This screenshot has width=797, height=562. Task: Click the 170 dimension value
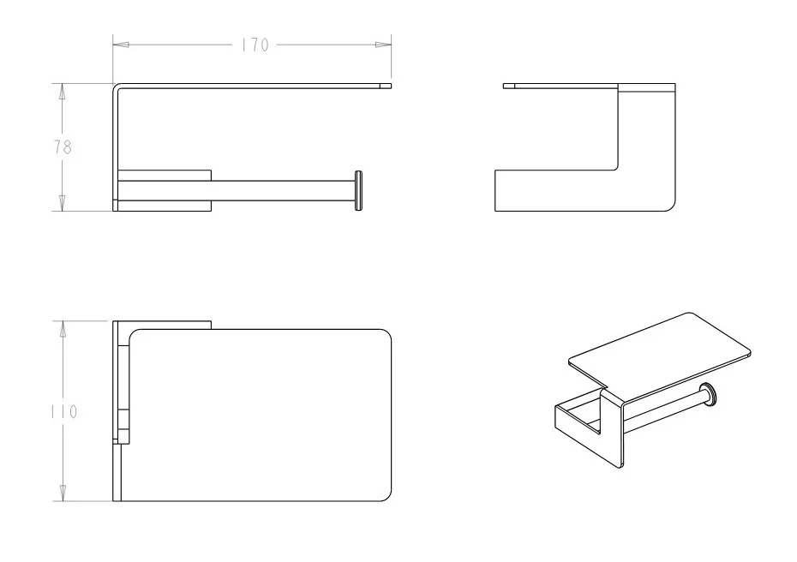click(x=255, y=45)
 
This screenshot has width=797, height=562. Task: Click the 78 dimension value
click(x=63, y=147)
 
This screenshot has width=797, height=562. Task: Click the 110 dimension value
click(x=64, y=411)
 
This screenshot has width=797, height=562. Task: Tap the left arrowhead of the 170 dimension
click(x=121, y=45)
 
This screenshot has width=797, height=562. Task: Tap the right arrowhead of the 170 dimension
click(x=383, y=45)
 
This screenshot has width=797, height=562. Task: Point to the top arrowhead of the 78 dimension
click(x=63, y=92)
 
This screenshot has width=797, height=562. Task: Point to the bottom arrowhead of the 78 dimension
click(x=63, y=203)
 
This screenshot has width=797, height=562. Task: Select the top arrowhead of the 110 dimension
click(x=63, y=329)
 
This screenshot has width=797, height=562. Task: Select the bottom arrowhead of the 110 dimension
click(x=63, y=493)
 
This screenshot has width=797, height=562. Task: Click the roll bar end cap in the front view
click(x=358, y=191)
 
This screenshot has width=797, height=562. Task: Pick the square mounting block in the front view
click(x=165, y=190)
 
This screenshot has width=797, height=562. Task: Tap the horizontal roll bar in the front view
click(x=283, y=190)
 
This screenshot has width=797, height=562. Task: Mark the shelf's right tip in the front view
click(x=391, y=86)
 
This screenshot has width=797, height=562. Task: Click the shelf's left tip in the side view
click(x=504, y=86)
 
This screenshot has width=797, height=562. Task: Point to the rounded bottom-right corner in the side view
click(x=671, y=206)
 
